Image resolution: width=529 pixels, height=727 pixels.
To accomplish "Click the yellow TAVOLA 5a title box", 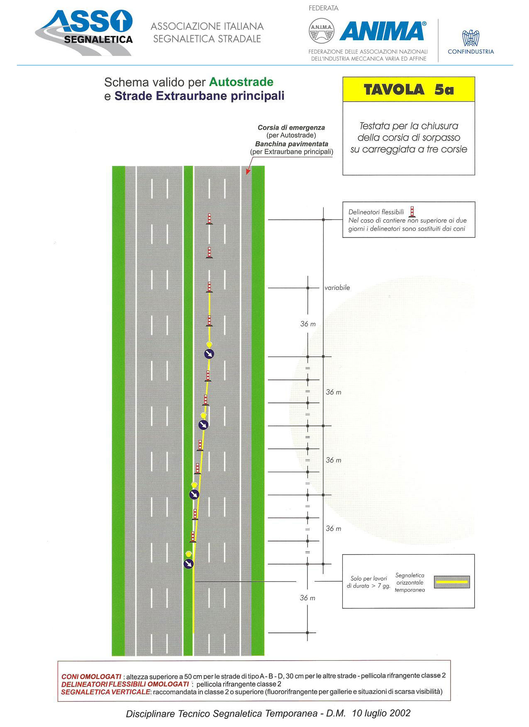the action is pos(409,89).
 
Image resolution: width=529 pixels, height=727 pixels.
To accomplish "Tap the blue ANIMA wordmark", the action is pos(383,31).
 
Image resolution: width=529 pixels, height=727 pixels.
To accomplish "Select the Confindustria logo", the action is pos(471,42).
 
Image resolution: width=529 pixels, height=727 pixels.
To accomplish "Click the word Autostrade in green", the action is pos(241,82).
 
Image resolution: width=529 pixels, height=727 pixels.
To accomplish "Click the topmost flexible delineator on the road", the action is pos(210,219).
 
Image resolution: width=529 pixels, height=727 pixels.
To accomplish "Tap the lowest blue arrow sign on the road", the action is pos(189,563).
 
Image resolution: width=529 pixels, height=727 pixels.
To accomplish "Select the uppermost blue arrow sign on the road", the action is pos(209,354).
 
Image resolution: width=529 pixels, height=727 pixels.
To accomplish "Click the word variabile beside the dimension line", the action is pos(337,288).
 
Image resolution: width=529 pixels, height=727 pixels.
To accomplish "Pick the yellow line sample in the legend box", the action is pos(452,582).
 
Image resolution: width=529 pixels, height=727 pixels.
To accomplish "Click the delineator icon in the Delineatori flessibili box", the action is pos(412,212).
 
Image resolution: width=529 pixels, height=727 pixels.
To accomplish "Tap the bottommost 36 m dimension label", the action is pos(307,598).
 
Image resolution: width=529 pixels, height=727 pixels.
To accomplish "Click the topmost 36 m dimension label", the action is pos(308,324).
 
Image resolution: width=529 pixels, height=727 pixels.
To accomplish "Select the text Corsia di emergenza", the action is pos(291,128).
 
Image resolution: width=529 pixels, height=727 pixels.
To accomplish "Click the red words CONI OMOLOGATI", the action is pos(91,677).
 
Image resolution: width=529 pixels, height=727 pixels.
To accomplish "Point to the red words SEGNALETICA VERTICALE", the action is pos(105,692).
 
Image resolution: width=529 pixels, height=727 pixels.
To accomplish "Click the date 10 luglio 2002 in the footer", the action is pos(381,713).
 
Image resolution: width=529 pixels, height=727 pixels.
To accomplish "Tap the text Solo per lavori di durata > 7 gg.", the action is pos(368,582).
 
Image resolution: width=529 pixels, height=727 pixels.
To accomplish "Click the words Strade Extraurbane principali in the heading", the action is pos(200,96).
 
